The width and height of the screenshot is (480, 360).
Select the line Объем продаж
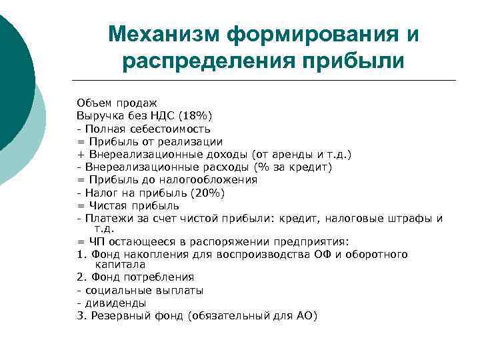pos(117,103)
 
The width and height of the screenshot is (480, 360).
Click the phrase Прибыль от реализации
pos(156,141)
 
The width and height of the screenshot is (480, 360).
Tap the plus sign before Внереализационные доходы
pos(80,154)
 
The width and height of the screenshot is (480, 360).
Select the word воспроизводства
pos(254,254)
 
